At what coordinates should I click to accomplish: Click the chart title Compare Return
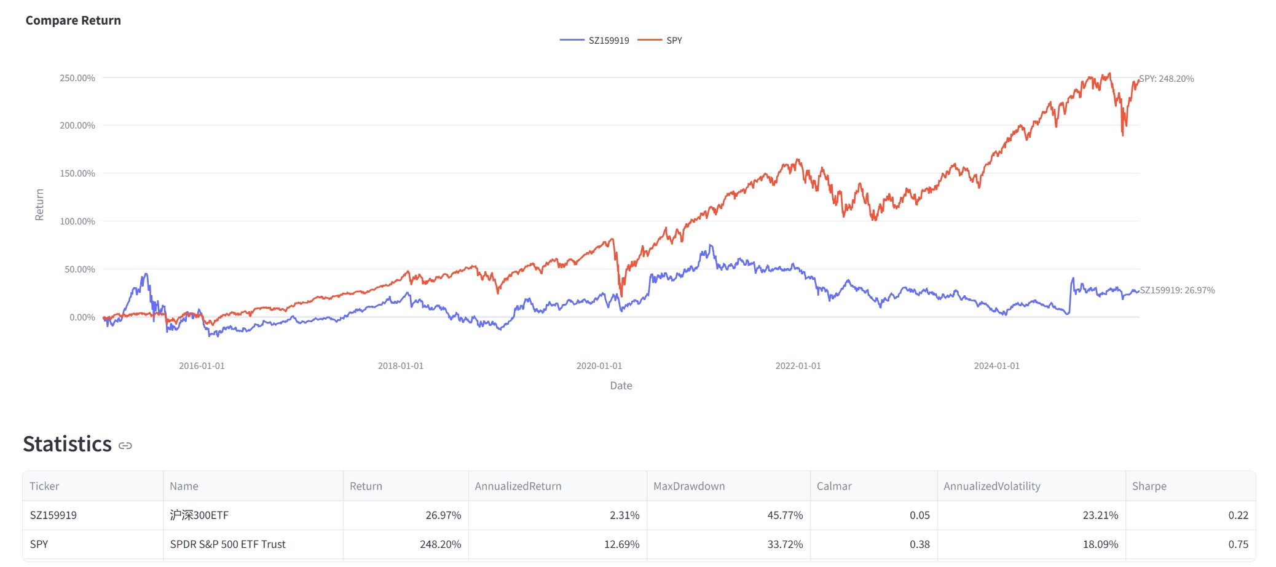(73, 20)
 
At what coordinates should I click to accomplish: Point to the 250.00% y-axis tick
(77, 78)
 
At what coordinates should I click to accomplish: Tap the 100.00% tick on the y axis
(77, 221)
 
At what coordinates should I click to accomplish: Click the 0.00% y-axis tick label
(82, 317)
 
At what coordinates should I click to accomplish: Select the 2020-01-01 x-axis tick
(599, 366)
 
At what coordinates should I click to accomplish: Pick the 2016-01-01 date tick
(202, 366)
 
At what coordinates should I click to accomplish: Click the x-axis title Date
(621, 386)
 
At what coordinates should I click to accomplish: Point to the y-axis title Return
(39, 205)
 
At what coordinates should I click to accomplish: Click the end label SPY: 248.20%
(1166, 79)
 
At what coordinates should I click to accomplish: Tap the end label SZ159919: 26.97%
(1177, 290)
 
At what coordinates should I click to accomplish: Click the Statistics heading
(68, 444)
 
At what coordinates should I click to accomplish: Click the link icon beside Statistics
(125, 445)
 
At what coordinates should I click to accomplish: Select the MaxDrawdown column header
(689, 486)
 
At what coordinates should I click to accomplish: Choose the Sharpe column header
(1149, 486)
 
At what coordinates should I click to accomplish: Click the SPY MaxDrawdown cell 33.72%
(785, 544)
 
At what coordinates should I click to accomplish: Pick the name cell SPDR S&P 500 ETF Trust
(228, 544)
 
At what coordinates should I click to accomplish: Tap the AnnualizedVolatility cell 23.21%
(1100, 515)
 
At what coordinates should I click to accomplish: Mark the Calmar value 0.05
(920, 515)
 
